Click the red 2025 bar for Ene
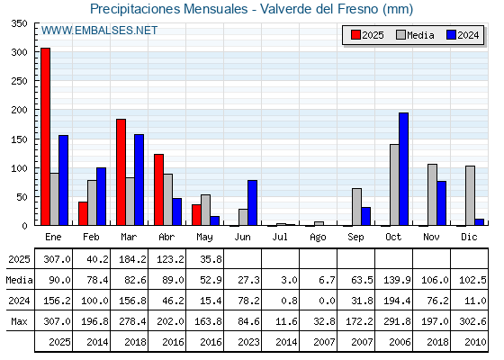point(45,137)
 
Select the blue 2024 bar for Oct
point(404,169)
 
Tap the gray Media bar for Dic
point(470,195)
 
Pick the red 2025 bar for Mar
point(121,172)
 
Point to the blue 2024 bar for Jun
point(252,202)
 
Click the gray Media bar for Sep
point(356,207)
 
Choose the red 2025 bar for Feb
point(83,213)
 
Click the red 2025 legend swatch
point(355,35)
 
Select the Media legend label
point(420,35)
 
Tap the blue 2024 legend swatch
point(451,35)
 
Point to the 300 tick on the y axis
point(19,52)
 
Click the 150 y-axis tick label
point(19,139)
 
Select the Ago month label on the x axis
point(318,238)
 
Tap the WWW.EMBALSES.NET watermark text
point(100,31)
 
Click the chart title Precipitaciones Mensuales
point(169,9)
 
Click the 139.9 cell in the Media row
point(397,280)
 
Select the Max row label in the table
point(19,321)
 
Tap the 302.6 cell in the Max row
point(472,321)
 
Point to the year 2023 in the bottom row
point(248,342)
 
